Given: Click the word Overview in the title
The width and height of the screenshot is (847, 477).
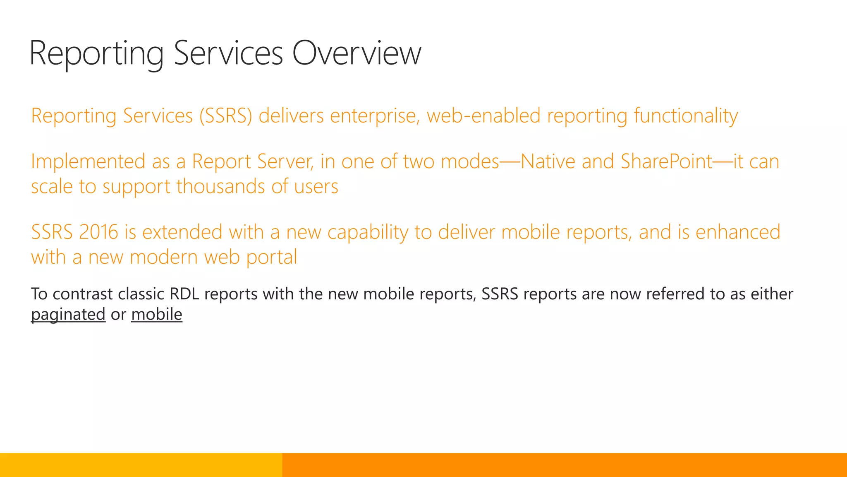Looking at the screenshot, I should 357,53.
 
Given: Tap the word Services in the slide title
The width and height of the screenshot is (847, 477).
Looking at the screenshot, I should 228,53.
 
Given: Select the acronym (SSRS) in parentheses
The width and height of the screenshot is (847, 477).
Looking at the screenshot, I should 226,116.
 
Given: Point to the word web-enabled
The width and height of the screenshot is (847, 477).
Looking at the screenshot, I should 483,116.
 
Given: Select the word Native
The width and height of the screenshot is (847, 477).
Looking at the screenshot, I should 548,161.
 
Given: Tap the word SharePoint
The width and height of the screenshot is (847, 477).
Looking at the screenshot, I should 667,161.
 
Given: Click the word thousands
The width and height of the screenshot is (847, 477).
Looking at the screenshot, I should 221,186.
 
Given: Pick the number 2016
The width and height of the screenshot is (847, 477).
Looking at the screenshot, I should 98,232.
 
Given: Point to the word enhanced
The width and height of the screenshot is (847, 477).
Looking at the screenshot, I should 738,232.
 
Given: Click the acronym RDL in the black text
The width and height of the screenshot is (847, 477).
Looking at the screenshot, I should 184,294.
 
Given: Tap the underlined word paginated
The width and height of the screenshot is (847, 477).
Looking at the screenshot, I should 68,315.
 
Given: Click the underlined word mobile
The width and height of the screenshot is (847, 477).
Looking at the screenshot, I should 157,314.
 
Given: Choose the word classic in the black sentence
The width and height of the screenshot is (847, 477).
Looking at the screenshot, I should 141,294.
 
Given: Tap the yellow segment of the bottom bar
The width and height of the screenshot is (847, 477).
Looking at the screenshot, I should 141,465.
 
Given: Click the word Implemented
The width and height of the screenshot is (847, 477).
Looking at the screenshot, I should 88,161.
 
